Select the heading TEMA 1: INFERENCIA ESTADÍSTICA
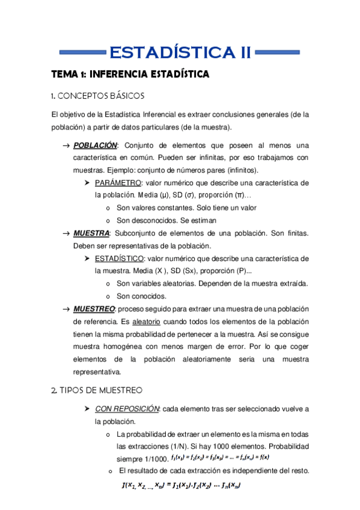[130, 75]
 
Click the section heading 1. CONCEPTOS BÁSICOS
[97, 96]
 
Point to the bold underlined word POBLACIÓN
[95, 146]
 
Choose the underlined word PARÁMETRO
[118, 182]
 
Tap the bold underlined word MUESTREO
[94, 309]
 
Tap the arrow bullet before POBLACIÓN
[66, 146]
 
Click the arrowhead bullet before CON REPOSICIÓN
[87, 409]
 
